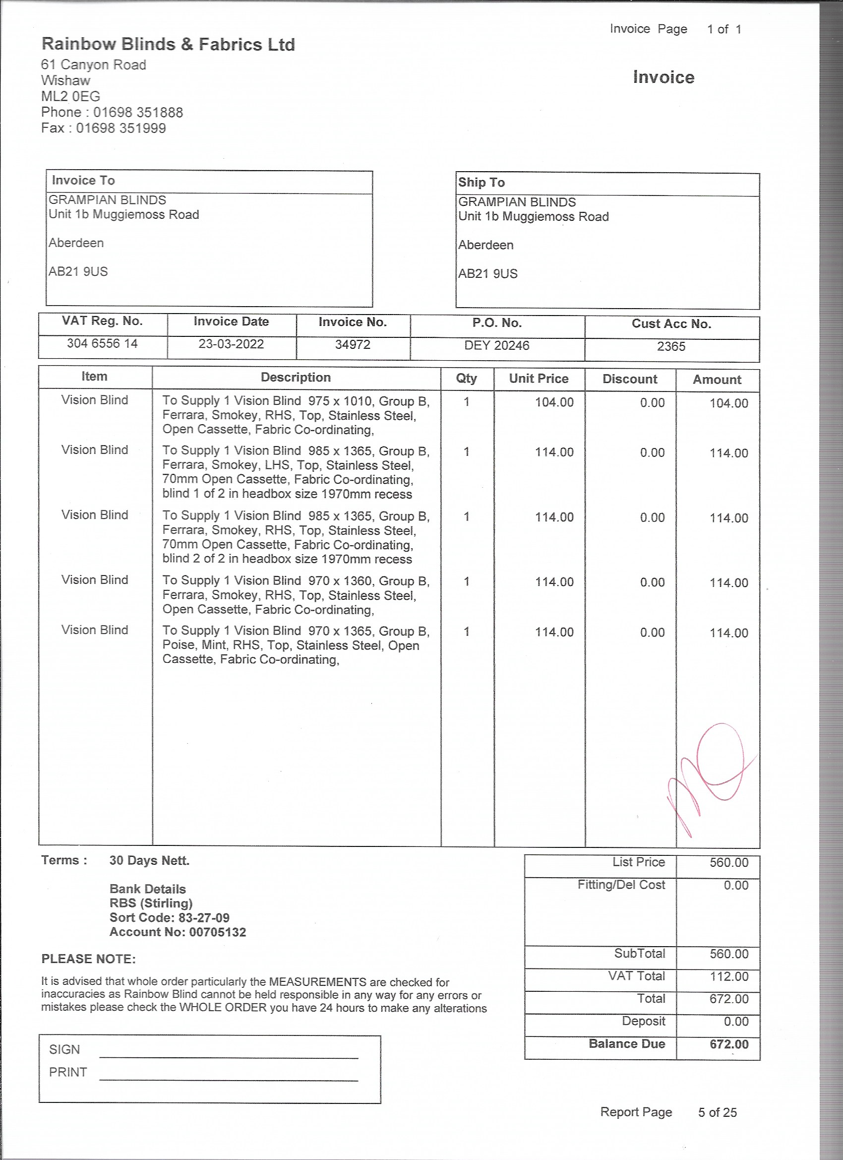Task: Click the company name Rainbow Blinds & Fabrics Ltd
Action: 168,45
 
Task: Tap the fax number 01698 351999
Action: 121,128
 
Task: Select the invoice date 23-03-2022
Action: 231,344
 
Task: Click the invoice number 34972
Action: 353,344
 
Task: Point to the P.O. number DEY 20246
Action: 496,345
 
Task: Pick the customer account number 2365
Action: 671,346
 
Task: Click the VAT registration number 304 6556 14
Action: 102,343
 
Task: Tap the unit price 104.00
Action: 554,402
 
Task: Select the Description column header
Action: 296,378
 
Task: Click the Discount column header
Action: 630,379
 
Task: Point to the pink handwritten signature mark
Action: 711,773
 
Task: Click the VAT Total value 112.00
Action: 728,976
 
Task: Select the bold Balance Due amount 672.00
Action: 728,1044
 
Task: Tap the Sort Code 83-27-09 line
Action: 169,917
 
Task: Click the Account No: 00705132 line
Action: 178,932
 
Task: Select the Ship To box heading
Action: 481,183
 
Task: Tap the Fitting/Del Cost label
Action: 621,885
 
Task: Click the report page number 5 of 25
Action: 717,1112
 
